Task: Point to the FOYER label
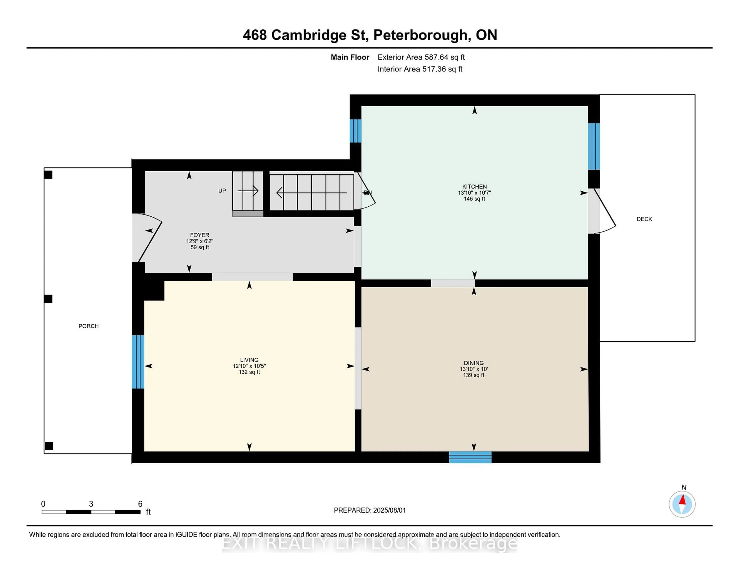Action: (x=199, y=235)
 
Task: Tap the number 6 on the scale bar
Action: (x=140, y=504)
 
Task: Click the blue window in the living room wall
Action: (x=138, y=362)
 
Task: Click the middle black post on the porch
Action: (x=48, y=299)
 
